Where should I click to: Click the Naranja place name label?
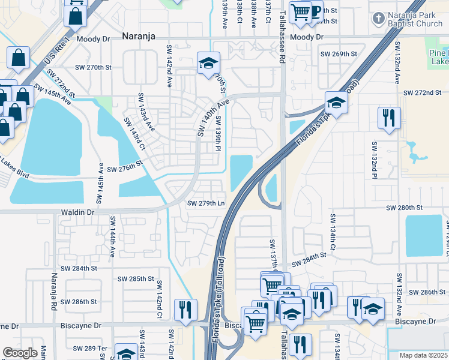(x=140, y=36)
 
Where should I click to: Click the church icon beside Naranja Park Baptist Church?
(x=378, y=18)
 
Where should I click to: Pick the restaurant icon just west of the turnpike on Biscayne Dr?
(x=184, y=309)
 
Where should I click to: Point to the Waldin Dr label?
(x=78, y=212)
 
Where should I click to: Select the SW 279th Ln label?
(x=206, y=203)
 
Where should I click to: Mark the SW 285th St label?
(x=136, y=279)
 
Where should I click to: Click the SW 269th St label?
(x=339, y=54)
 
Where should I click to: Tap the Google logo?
(x=20, y=353)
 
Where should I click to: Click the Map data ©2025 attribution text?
(x=423, y=355)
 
